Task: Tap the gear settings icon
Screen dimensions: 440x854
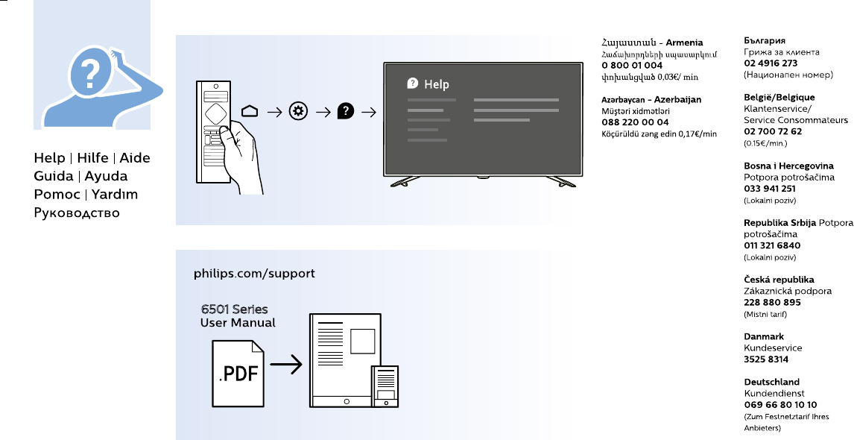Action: point(297,112)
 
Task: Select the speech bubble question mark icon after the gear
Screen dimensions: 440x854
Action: point(345,112)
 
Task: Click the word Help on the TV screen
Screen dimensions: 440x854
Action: point(436,85)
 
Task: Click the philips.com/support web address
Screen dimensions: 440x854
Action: point(254,274)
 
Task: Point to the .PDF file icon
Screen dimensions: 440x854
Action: point(238,372)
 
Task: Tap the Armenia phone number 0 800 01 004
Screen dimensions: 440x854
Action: point(632,66)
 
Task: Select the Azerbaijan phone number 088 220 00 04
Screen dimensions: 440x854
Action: point(635,122)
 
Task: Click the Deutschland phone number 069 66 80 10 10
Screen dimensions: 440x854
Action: point(780,404)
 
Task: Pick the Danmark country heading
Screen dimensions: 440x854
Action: point(763,336)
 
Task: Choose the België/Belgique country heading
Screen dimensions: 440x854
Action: point(779,97)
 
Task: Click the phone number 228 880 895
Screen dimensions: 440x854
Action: point(772,302)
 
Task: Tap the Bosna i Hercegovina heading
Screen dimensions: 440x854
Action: point(788,166)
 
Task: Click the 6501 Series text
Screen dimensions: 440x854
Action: point(234,309)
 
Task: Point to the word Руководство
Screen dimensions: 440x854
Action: point(77,213)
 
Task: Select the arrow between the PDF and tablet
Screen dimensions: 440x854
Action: point(286,365)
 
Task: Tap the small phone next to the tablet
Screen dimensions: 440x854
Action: point(385,386)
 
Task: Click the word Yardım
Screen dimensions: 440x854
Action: point(115,195)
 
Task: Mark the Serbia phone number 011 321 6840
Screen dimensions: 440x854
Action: point(772,245)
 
